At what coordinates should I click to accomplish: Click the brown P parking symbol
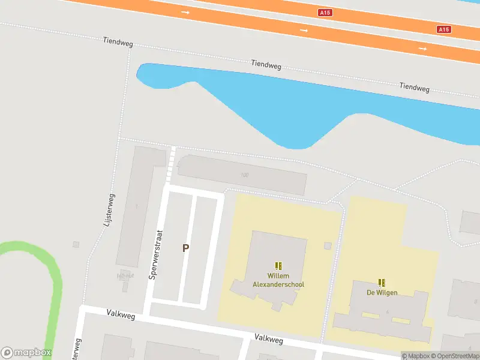coord(186,248)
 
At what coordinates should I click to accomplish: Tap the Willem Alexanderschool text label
coord(278,280)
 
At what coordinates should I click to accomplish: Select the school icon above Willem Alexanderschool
coord(278,265)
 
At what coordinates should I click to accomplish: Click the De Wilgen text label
coord(382,293)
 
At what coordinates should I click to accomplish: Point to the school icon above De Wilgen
coord(382,282)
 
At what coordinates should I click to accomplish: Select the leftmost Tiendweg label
coord(117,43)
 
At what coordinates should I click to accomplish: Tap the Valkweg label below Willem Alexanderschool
coord(268,339)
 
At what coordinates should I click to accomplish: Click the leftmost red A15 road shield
coord(325,12)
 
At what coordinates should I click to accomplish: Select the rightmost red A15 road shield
coord(443,29)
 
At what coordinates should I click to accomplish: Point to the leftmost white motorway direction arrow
coord(185,12)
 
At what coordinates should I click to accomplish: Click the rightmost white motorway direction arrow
coord(422,48)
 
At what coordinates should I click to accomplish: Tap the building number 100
coord(244,175)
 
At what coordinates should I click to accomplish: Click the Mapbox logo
coord(26,352)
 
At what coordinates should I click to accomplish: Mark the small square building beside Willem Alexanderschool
coord(328,245)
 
